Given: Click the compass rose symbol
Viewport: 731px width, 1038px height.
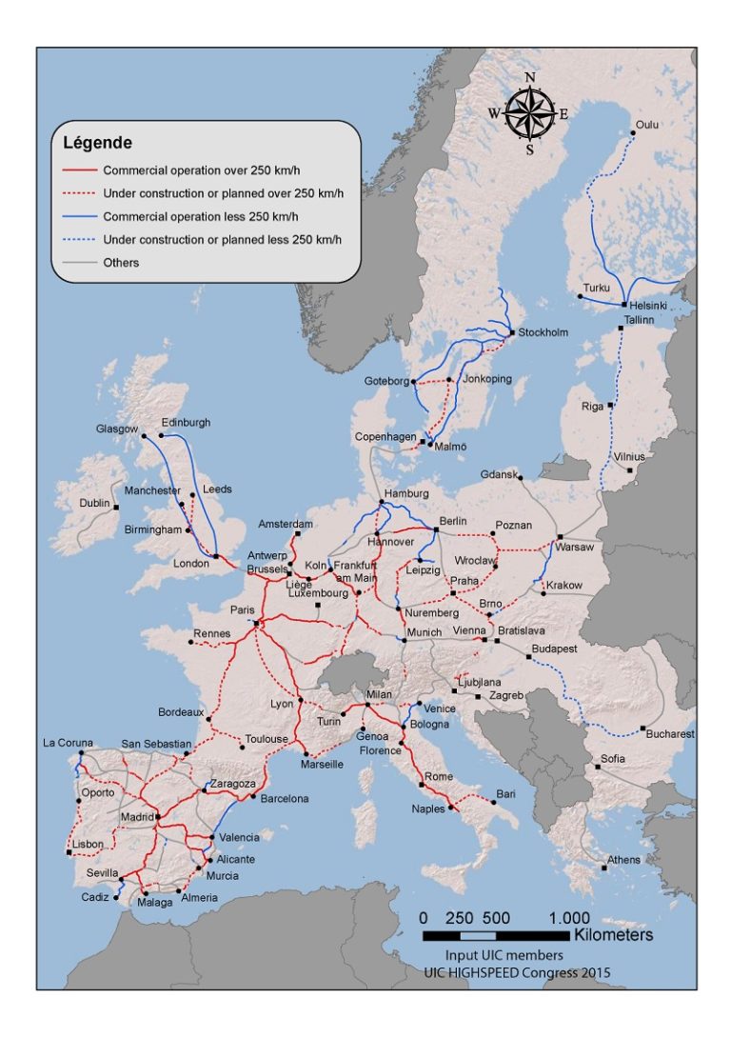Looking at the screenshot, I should [x=529, y=113].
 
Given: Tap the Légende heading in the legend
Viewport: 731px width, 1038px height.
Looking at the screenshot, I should [x=97, y=144].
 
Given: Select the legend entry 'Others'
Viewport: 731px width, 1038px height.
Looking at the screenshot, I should [x=121, y=263].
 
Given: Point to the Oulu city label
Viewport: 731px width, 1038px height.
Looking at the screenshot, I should [x=647, y=125].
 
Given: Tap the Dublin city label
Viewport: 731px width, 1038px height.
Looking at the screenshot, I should [x=95, y=503].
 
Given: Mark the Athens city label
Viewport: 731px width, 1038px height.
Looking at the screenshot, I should [x=624, y=860].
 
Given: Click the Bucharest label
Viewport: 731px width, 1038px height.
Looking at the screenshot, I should [x=670, y=734].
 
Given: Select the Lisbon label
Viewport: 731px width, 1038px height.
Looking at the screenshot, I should [x=88, y=844].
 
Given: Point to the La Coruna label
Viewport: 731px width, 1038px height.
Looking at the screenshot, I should [x=69, y=743].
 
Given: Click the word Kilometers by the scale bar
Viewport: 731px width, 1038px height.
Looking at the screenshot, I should [x=614, y=936].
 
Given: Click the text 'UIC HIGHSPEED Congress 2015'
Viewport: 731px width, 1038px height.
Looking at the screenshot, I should [x=517, y=972].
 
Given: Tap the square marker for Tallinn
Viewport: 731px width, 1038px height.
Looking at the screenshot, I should [x=621, y=328].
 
